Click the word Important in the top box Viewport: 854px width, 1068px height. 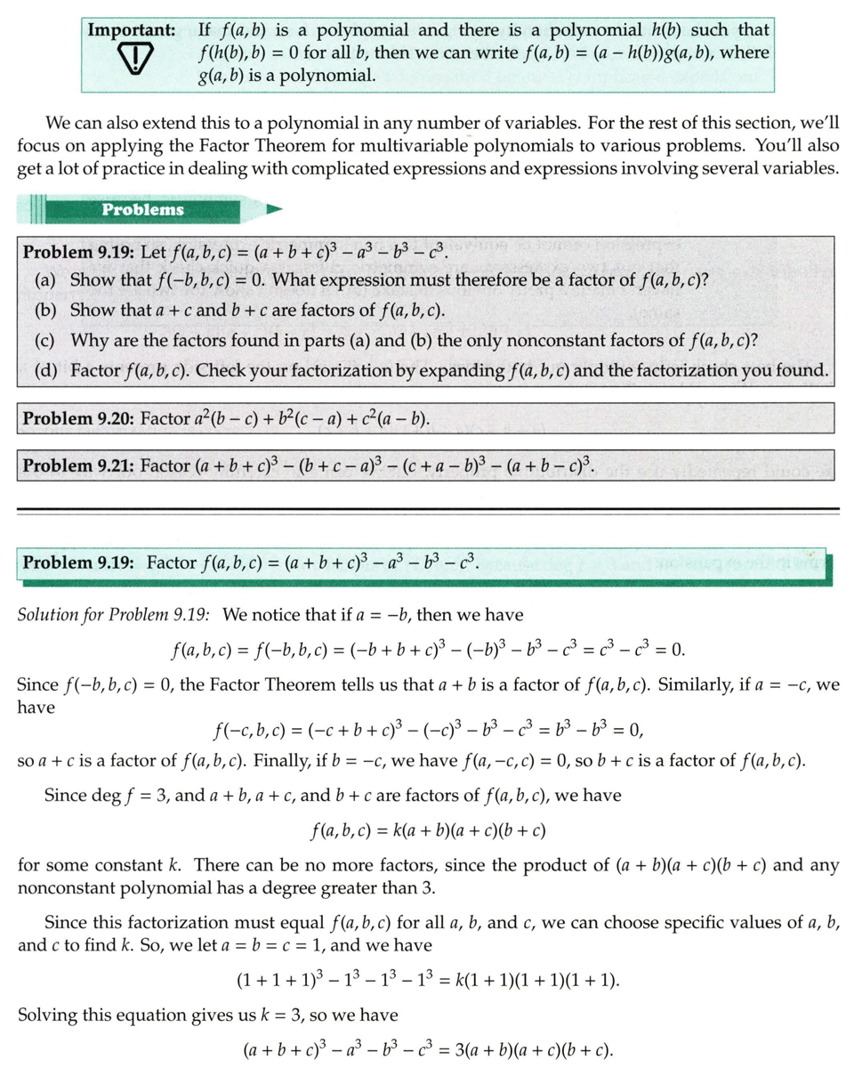(x=131, y=29)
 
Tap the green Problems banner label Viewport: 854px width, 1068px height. (x=142, y=210)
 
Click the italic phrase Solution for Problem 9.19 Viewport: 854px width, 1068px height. (x=113, y=614)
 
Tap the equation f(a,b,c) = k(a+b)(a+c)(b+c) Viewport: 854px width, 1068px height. (x=427, y=831)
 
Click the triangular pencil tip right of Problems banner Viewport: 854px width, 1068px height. (x=275, y=210)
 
